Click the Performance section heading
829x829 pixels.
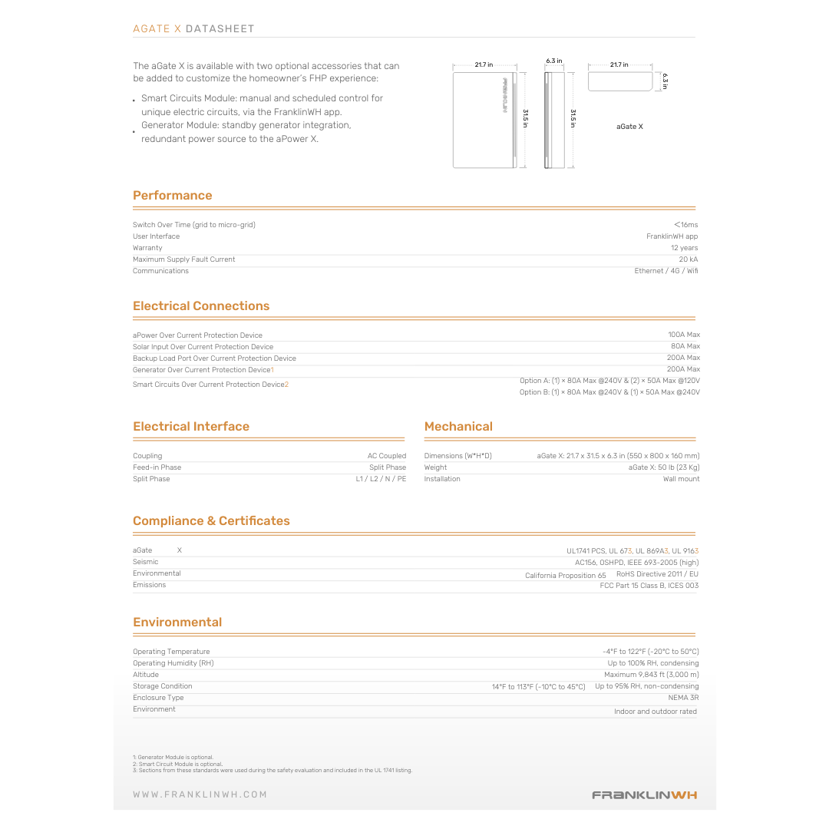pos(172,196)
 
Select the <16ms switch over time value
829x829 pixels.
pos(685,225)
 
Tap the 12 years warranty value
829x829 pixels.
pos(684,248)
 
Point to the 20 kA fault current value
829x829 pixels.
pos(689,259)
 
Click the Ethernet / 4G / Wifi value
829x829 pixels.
pos(666,271)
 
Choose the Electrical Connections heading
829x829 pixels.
pos(201,306)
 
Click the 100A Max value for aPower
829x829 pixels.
pos(684,335)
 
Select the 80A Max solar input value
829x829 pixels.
pos(685,346)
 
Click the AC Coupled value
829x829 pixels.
pos(387,456)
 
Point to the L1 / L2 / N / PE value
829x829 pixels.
pos(381,479)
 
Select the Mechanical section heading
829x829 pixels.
pos(458,427)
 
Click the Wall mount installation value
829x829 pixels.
pos(682,479)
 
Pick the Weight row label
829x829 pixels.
pos(435,467)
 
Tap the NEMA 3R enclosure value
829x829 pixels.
pos(683,698)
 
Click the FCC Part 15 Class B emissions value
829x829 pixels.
pos(649,586)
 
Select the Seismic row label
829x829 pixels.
pos(146,562)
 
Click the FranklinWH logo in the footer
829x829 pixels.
pos(645,795)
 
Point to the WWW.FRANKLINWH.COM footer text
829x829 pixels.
pos(200,794)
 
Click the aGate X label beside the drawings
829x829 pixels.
pos(629,126)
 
